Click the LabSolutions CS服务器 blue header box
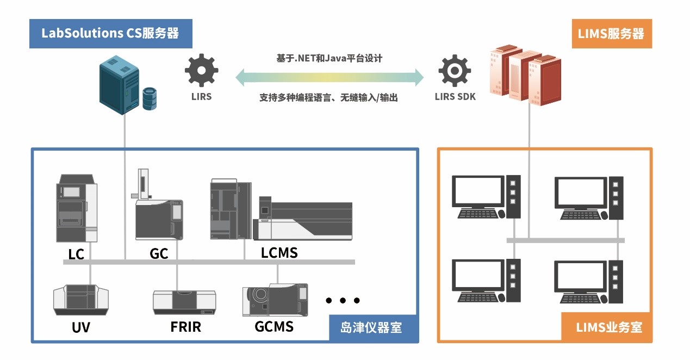[111, 34]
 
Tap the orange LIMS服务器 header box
[612, 34]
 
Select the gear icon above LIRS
[201, 70]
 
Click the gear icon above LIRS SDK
[455, 70]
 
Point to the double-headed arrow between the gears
[329, 77]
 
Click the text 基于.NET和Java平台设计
[329, 58]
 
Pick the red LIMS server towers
[525, 76]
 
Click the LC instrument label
[76, 254]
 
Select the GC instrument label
[159, 253]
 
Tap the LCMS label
[279, 253]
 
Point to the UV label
[80, 327]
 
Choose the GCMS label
[274, 326]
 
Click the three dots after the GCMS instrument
[343, 300]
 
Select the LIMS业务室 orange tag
[606, 327]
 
